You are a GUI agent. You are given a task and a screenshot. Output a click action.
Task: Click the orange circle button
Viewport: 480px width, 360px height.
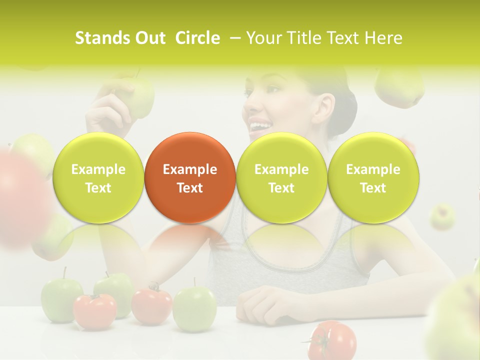[190, 177]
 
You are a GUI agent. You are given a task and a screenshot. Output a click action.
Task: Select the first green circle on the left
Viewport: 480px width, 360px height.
[98, 177]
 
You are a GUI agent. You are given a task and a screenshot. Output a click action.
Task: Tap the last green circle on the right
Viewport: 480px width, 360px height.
[373, 177]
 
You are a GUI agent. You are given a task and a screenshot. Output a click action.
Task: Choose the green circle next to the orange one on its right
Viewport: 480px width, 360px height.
[281, 177]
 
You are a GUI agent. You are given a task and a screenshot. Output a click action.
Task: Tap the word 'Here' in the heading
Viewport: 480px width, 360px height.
[383, 38]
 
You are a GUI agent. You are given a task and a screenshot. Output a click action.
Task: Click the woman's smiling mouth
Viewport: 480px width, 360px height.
[258, 125]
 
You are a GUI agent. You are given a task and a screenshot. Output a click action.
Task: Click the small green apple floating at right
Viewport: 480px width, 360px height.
[442, 216]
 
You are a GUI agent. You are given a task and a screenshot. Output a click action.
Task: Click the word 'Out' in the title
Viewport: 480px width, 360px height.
[149, 38]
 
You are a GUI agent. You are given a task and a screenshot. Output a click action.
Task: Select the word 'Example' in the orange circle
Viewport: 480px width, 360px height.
[190, 169]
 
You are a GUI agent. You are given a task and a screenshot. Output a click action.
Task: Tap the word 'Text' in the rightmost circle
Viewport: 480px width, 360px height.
[373, 188]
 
